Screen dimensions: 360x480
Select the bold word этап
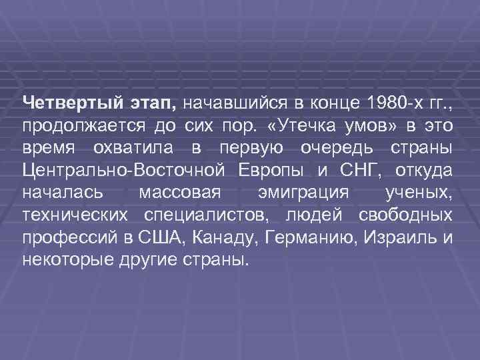coord(149,103)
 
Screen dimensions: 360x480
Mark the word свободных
coord(405,215)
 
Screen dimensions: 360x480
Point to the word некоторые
coord(63,259)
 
